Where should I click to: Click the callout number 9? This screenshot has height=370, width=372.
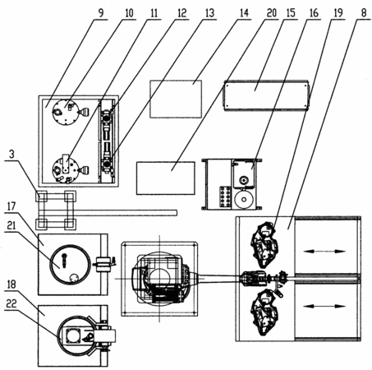pos(101,13)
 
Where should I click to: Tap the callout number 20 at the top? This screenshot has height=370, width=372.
pos(272,13)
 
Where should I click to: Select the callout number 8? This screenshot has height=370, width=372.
pos(364,13)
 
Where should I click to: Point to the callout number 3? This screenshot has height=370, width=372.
pos(11,155)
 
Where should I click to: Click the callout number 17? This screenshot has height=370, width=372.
pos(11,206)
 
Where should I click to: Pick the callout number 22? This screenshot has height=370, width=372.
pos(11,303)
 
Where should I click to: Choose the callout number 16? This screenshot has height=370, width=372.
pos(314,13)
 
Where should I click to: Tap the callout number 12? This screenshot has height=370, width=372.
pos(181,13)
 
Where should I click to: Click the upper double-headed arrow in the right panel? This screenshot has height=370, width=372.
pos(324,251)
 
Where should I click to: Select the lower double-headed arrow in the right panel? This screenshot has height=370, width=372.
pos(324,306)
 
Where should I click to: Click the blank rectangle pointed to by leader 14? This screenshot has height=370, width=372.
pos(176,99)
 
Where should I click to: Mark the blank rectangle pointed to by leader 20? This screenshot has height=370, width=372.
pos(166,178)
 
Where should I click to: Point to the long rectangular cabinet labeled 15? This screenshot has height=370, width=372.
pos(267,95)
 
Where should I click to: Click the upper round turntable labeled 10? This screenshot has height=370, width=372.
pos(66,112)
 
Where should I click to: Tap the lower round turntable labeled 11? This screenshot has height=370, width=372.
pos(66,169)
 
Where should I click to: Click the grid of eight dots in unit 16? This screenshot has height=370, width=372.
pos(225,197)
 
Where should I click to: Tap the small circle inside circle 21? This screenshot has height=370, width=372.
pos(74,278)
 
